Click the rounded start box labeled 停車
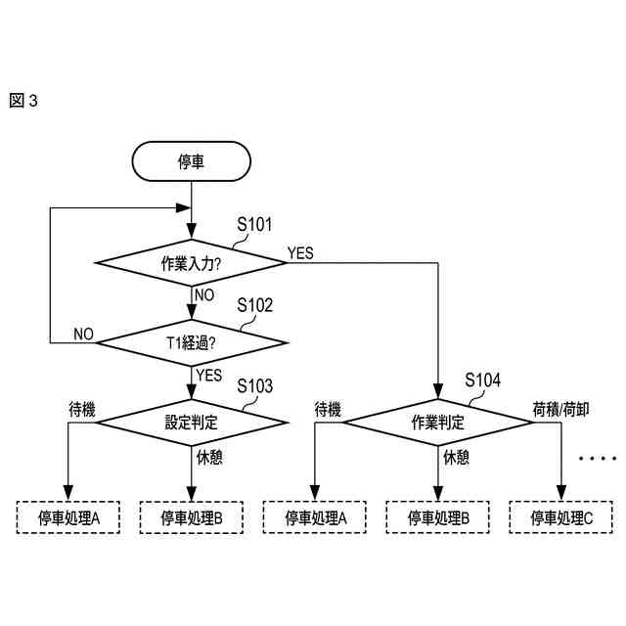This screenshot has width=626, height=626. (x=191, y=161)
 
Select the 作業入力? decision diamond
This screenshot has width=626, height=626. (x=191, y=263)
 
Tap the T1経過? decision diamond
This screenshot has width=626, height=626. (x=191, y=342)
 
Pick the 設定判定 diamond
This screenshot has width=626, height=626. (x=191, y=423)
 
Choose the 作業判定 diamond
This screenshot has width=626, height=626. (x=437, y=423)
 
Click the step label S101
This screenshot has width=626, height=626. (x=255, y=225)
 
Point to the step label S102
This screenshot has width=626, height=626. (x=255, y=305)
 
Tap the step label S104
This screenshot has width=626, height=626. (x=483, y=380)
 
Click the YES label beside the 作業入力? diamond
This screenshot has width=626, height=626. (x=300, y=253)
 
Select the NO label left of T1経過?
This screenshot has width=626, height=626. (x=83, y=335)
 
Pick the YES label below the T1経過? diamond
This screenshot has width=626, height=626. (x=208, y=376)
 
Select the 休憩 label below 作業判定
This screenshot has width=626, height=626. (x=457, y=457)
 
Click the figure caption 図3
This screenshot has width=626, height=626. (x=22, y=101)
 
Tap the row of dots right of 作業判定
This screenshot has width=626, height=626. (x=594, y=457)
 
